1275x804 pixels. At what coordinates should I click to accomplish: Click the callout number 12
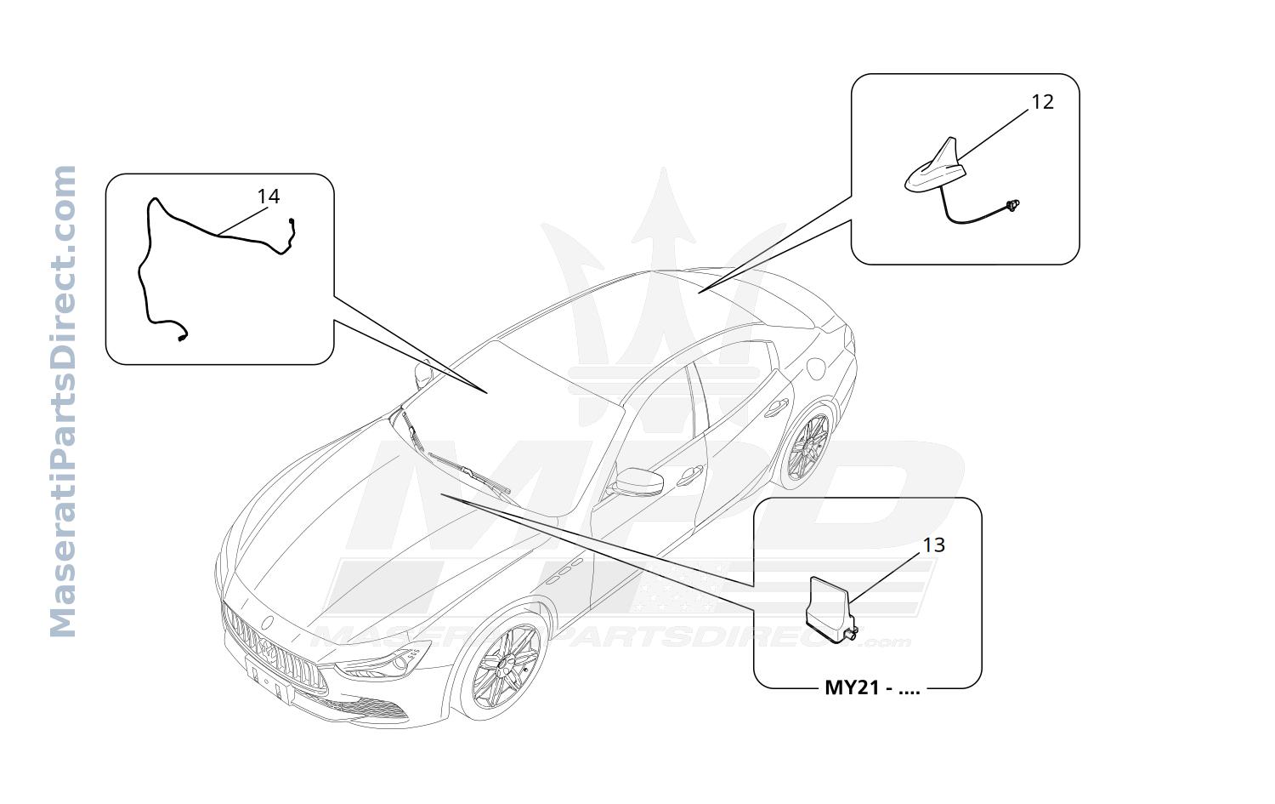click(x=1042, y=102)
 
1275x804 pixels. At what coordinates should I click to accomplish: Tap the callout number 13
click(x=933, y=545)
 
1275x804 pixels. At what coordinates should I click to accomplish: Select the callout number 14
click(x=268, y=197)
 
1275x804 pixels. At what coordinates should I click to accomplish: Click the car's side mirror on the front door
click(x=637, y=482)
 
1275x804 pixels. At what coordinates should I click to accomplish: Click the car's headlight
click(x=382, y=661)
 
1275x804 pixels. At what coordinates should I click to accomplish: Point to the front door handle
click(x=690, y=475)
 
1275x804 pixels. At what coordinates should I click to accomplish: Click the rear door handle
click(x=776, y=408)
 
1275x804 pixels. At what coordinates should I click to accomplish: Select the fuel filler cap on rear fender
click(x=816, y=368)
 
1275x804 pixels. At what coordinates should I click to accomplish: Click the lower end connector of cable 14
click(x=182, y=338)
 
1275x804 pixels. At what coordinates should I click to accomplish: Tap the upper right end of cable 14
click(x=292, y=221)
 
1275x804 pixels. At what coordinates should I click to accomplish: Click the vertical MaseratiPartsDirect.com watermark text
click(x=63, y=401)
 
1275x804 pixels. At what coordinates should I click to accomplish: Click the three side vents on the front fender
click(x=564, y=571)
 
